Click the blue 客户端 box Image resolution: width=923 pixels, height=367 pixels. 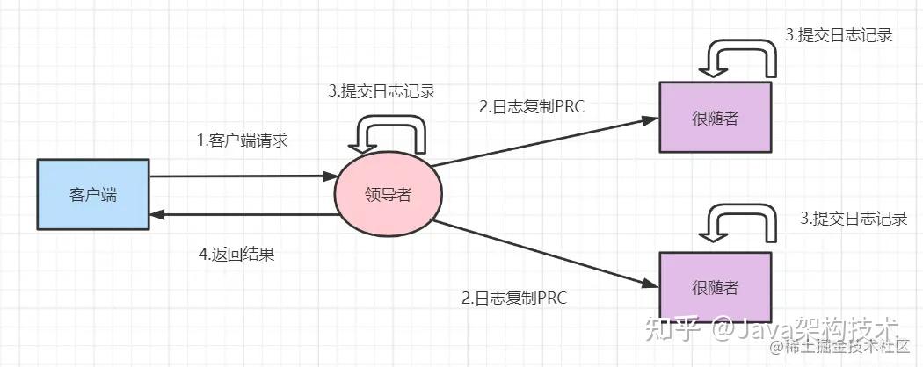point(92,195)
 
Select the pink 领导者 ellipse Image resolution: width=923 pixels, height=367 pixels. point(388,195)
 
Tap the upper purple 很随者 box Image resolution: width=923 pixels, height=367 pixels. point(715,118)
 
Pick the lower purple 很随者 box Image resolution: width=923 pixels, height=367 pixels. point(715,287)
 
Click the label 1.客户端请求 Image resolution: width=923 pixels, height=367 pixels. point(242,140)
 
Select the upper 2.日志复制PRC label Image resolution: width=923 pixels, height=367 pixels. point(532,107)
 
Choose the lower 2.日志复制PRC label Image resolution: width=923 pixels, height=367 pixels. point(514,298)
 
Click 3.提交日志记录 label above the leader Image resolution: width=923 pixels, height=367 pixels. point(382,90)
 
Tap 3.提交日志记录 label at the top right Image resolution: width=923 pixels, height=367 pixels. point(839,36)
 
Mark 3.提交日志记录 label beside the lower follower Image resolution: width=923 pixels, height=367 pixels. point(854,219)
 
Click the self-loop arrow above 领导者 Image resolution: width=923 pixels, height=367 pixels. point(388,136)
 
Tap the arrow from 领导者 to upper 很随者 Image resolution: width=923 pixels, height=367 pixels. point(545,140)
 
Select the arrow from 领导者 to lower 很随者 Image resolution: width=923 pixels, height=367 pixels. point(545,254)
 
